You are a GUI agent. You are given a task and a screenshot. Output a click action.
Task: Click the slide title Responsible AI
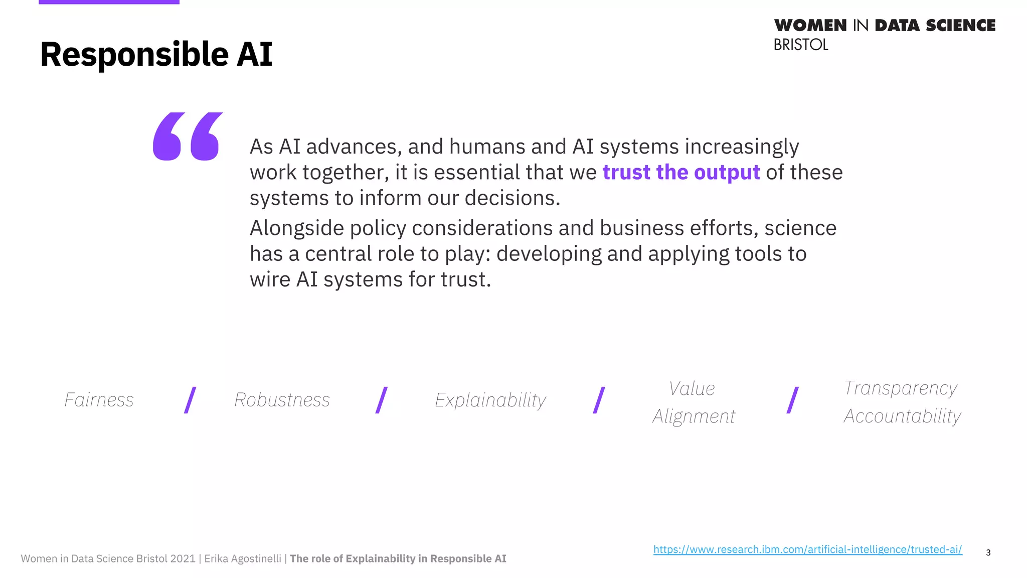[156, 54]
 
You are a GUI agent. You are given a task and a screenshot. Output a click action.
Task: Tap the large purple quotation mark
[187, 136]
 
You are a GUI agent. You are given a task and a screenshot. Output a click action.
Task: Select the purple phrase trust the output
[681, 172]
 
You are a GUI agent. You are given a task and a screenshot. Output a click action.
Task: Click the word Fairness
[99, 400]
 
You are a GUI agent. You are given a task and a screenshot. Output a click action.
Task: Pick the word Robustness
[282, 400]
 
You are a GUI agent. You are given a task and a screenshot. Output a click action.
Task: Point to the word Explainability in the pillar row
[490, 400]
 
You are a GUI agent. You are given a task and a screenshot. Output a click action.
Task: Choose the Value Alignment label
[693, 402]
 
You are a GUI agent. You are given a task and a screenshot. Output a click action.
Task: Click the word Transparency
[900, 388]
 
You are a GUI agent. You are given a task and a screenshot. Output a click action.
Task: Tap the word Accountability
[902, 415]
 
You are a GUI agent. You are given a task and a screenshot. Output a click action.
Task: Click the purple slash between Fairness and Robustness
[190, 400]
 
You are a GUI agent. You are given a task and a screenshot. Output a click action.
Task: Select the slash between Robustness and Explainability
[382, 400]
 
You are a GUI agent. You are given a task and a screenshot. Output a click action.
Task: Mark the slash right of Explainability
[599, 400]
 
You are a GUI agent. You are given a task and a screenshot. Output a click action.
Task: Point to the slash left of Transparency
[792, 400]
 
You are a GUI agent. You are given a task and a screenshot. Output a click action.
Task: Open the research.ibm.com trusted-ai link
[807, 549]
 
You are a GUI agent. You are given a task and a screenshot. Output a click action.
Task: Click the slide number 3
[988, 552]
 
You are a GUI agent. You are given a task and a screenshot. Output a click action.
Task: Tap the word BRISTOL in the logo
[800, 45]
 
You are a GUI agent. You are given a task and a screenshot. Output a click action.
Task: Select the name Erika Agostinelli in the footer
[243, 558]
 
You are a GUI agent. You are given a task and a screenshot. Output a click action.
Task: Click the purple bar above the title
[109, 2]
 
